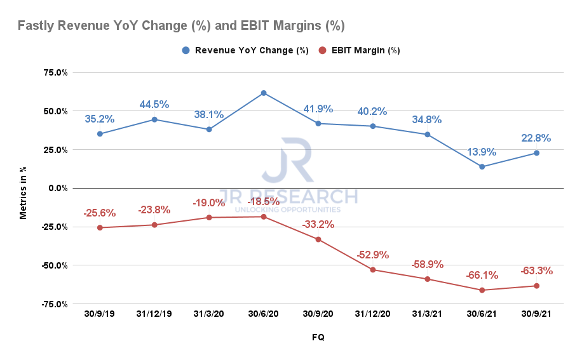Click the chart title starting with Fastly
coord(181,26)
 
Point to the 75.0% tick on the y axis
coord(55,72)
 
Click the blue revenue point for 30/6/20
coord(264,93)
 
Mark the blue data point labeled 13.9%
coord(482,167)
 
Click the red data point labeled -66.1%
coord(482,290)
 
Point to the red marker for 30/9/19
coord(100,227)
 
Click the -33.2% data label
coord(318,224)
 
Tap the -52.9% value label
coord(372,255)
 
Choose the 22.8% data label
coord(536,138)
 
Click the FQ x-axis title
coord(318,338)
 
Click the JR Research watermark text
coord(288,197)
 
